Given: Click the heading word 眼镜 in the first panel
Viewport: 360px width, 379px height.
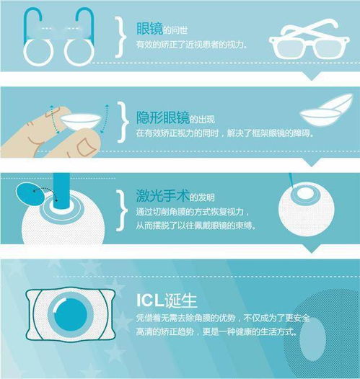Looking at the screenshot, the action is (149, 29).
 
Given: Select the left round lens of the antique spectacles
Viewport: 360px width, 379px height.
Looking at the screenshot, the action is (38, 53).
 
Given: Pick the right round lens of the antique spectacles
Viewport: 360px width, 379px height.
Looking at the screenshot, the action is (79, 53).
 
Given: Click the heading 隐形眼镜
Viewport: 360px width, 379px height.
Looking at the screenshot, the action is (162, 117).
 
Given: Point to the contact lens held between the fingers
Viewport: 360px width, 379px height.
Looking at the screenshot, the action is (81, 122).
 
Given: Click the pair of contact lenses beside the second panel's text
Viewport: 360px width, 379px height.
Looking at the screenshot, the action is (326, 110).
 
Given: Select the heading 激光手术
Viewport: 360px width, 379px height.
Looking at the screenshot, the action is (162, 195).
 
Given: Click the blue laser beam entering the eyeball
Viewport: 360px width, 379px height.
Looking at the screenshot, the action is (61, 192).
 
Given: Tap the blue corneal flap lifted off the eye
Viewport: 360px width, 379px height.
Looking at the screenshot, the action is (30, 195).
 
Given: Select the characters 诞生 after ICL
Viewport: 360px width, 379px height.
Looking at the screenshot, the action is (180, 300).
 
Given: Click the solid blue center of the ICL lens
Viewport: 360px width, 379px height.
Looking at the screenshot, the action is (71, 316).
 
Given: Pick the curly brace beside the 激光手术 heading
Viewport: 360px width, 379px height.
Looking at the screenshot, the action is (122, 210).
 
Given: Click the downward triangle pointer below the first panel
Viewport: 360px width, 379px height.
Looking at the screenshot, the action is (312, 76).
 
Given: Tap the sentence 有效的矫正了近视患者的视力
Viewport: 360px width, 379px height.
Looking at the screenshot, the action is (191, 45).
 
